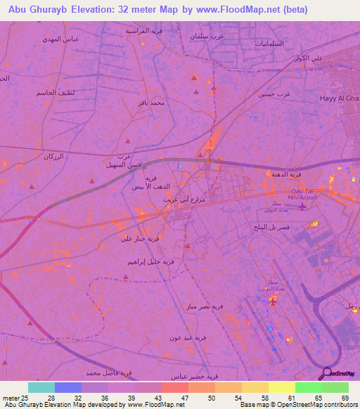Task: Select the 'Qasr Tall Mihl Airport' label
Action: [304, 195]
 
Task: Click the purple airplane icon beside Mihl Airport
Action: [303, 207]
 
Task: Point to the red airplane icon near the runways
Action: [272, 301]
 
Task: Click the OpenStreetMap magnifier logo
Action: [326, 373]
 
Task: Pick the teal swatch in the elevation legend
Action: [41, 387]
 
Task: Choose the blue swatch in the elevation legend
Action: [68, 387]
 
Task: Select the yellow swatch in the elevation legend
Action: [281, 387]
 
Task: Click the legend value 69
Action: [345, 398]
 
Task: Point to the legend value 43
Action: [159, 398]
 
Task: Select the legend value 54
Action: [238, 398]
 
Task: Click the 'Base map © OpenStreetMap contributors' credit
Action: [297, 405]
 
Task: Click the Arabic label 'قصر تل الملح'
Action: [271, 228]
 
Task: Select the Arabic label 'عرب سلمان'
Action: [207, 35]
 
